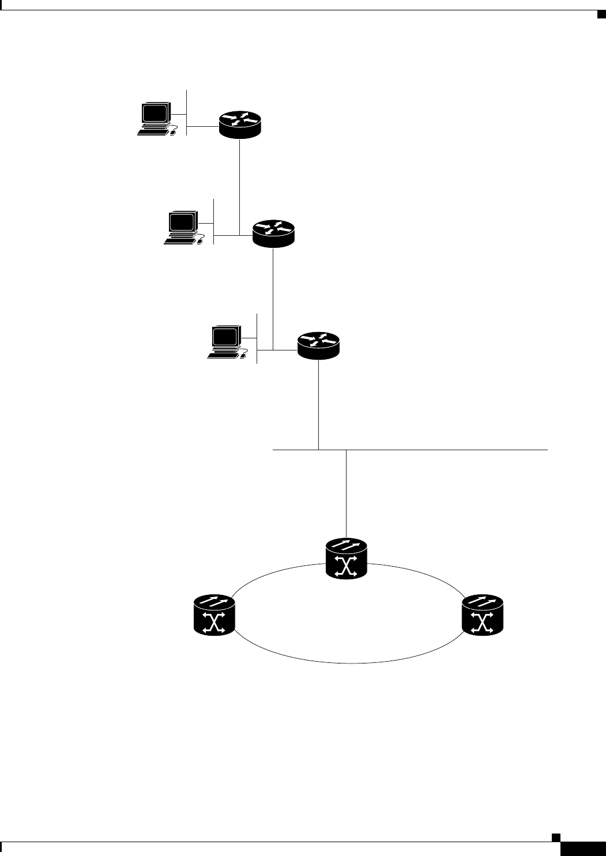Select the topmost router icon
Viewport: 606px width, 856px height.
tap(240, 123)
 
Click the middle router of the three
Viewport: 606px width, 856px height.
tap(273, 233)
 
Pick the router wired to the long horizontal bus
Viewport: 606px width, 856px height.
tap(319, 345)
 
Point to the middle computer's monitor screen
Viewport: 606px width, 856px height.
tap(182, 221)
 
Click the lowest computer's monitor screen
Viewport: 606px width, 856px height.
tap(225, 336)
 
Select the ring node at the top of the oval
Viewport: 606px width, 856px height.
tap(347, 559)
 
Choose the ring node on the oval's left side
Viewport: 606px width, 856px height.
tap(213, 616)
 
